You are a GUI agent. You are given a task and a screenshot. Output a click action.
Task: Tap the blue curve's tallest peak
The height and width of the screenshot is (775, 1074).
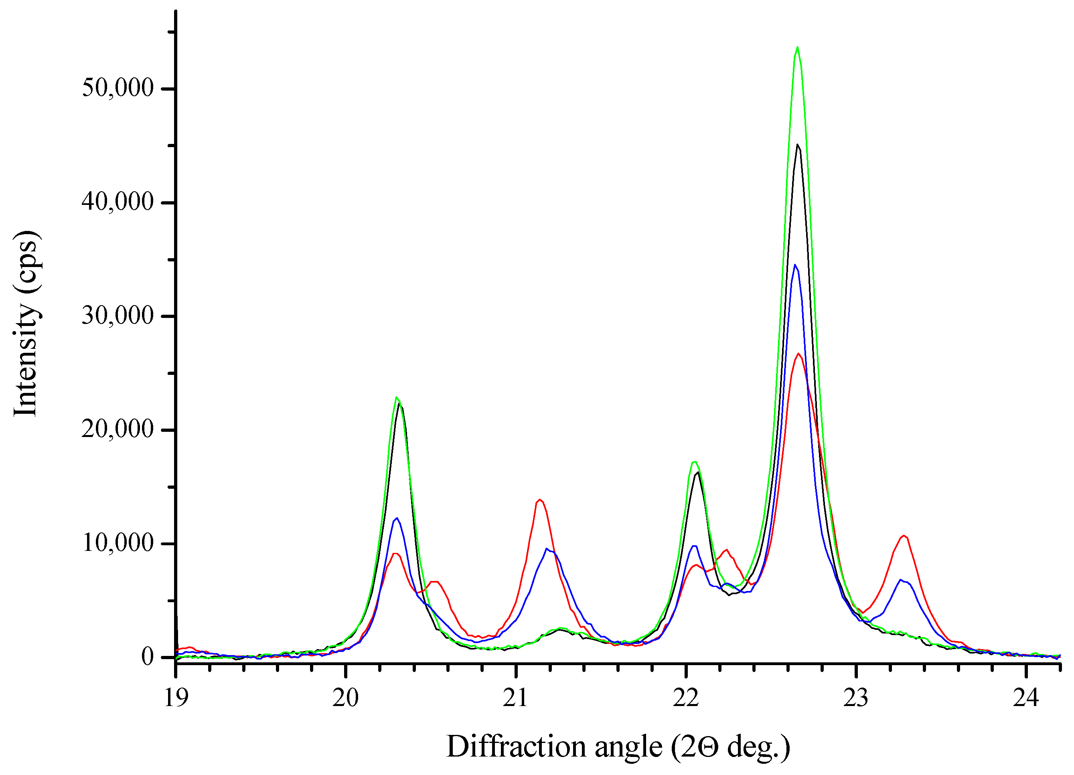point(795,265)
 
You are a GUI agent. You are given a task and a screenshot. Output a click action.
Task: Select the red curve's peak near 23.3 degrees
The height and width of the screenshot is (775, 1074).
point(904,536)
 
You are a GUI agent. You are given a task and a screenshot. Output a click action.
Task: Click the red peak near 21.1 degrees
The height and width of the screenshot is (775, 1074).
point(539,500)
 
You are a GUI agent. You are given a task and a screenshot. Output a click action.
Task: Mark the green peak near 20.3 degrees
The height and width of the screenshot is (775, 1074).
point(396,398)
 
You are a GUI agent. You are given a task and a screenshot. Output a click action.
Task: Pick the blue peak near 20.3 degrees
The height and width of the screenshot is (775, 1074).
point(397,518)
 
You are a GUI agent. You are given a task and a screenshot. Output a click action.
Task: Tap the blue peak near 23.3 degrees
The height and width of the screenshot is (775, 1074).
point(901,580)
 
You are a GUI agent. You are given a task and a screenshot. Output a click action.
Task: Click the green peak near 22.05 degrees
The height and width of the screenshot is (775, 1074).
point(694,462)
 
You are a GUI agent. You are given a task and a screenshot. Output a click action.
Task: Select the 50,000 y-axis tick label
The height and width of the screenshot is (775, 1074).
point(118,88)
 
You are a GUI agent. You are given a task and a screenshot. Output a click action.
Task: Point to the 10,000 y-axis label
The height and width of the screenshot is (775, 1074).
point(118,543)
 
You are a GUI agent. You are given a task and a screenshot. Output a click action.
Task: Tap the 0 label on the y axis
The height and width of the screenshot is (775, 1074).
point(147,657)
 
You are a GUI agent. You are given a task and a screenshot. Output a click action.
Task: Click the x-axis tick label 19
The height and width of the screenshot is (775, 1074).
point(176,698)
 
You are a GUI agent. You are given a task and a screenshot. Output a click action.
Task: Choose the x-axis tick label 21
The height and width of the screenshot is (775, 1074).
point(515,698)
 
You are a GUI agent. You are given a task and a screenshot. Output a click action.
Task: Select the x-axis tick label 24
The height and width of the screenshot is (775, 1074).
point(1026,698)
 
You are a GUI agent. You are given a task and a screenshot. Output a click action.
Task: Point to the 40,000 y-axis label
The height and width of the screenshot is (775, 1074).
point(118,202)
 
